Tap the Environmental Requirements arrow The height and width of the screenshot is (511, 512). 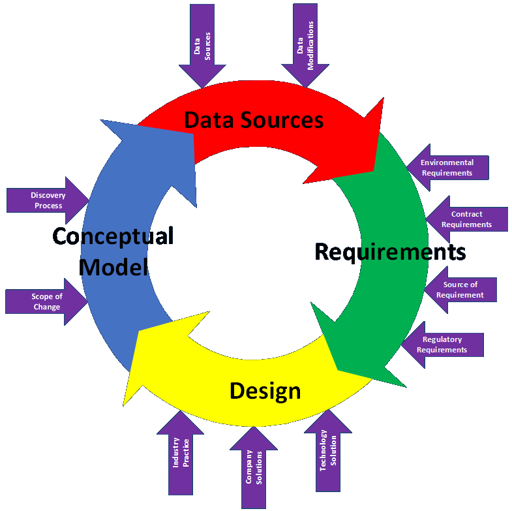pyautogui.click(x=447, y=168)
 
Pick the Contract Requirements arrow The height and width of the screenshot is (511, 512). pyautogui.click(x=466, y=219)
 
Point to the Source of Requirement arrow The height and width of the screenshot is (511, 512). pyautogui.click(x=460, y=290)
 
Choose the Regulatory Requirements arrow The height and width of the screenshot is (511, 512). pyautogui.click(x=443, y=345)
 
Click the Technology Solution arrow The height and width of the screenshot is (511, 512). pyautogui.click(x=328, y=451)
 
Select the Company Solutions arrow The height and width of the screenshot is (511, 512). pyautogui.click(x=254, y=467)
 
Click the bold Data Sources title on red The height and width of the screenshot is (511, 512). pyautogui.click(x=254, y=120)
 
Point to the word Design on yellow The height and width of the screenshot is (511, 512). pyautogui.click(x=265, y=391)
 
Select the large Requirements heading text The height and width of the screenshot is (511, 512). pyautogui.click(x=390, y=251)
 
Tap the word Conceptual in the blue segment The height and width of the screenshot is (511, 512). pyautogui.click(x=113, y=236)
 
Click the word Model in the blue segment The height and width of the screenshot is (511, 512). pyautogui.click(x=115, y=266)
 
